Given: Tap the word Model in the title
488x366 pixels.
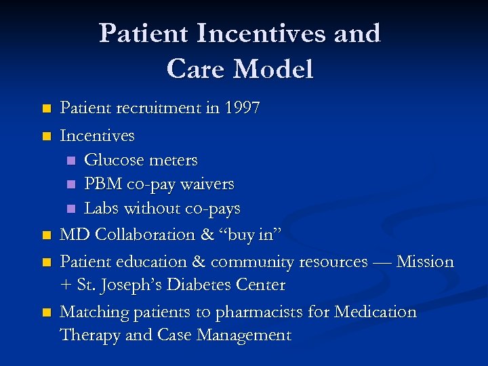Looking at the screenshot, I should [273, 69].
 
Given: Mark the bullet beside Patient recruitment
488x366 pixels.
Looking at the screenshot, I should [45, 109].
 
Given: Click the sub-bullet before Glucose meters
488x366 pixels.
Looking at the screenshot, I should [71, 161].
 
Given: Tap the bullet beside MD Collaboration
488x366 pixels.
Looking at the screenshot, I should [45, 236].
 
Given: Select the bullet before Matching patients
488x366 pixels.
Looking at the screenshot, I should [45, 313].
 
